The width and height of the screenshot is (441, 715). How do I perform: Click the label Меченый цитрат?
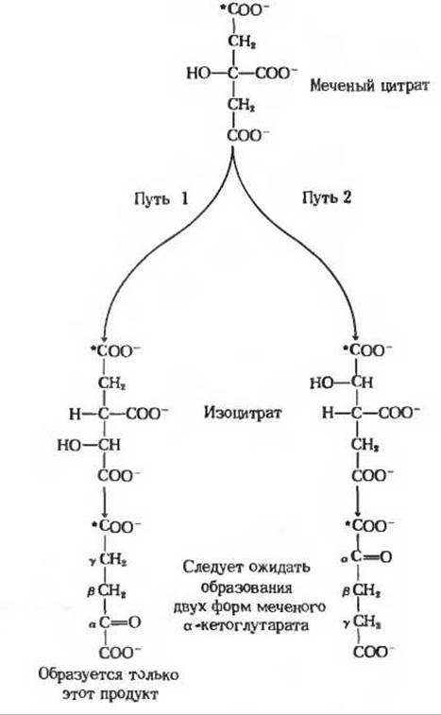(369, 86)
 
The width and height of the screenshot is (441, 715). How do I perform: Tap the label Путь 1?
(161, 198)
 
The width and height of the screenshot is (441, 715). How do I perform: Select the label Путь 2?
(327, 197)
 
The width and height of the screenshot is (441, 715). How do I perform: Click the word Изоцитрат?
(243, 413)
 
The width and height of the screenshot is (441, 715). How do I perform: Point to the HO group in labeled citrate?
(198, 73)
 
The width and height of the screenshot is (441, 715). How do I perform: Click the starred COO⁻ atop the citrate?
(245, 10)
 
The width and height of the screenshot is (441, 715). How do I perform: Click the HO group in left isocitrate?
(69, 445)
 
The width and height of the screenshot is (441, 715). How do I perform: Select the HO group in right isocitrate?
(321, 383)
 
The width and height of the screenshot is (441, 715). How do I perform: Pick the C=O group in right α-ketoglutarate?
(372, 556)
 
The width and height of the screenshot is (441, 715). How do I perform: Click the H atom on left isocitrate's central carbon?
(75, 414)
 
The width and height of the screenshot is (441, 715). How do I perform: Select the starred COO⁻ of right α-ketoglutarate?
(369, 525)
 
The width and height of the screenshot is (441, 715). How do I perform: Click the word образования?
(246, 587)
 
